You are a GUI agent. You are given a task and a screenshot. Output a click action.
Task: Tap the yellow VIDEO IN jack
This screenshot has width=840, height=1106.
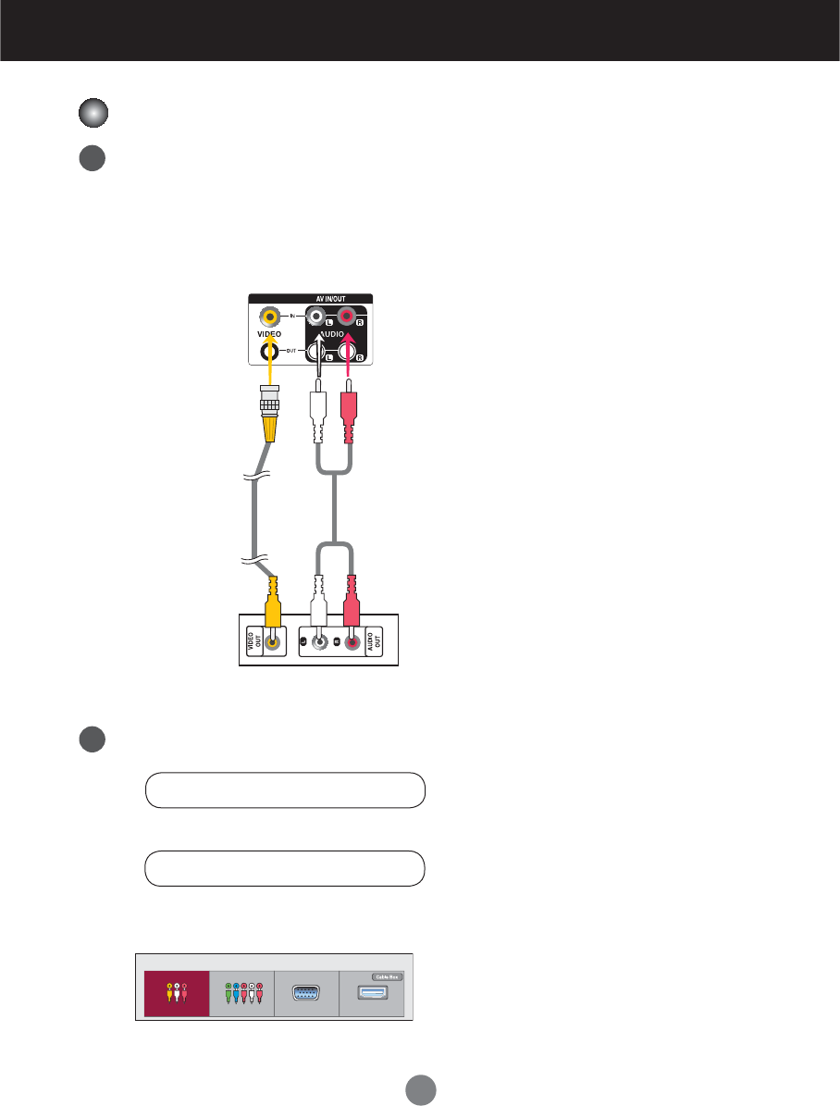tap(269, 316)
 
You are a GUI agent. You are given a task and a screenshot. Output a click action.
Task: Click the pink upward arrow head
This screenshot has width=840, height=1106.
tap(349, 343)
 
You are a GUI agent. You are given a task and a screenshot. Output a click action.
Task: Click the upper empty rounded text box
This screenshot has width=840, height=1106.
tap(285, 791)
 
